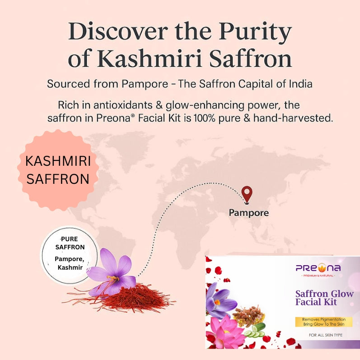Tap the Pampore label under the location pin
coord(248,212)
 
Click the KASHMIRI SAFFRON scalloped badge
coord(58,170)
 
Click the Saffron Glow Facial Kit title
coord(324,298)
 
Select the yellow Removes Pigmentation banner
coord(323,322)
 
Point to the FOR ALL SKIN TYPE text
coord(325,335)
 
